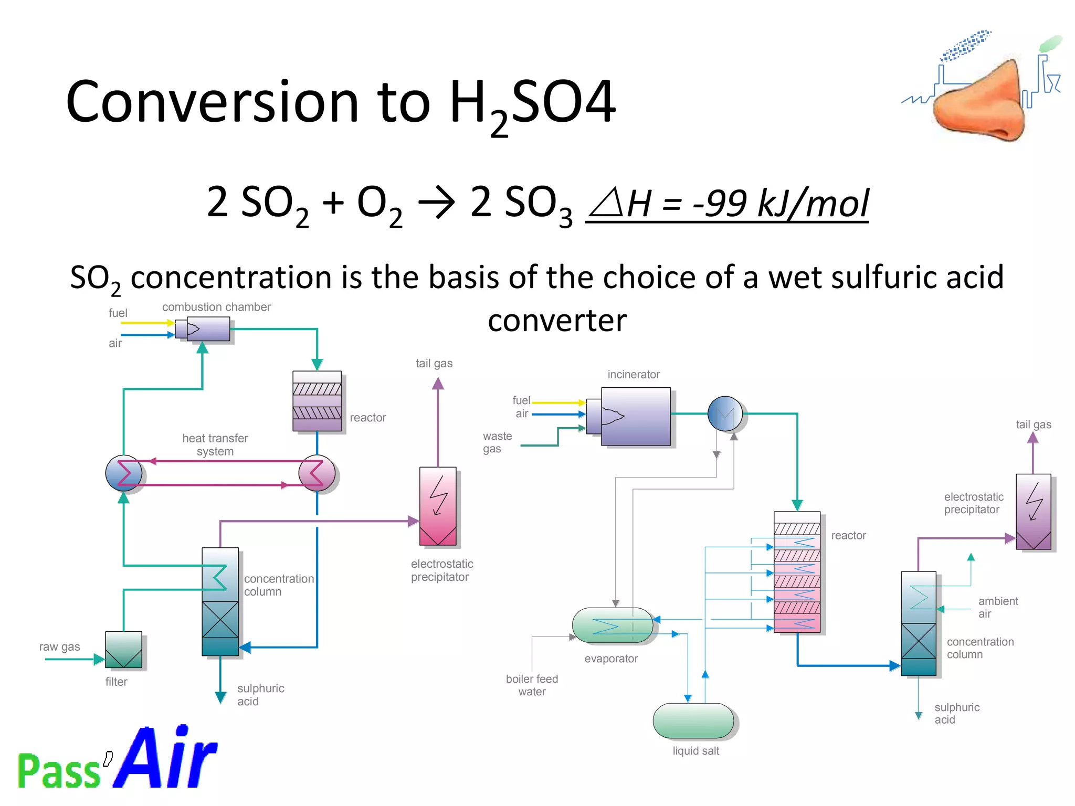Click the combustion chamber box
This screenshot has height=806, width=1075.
[x=208, y=329]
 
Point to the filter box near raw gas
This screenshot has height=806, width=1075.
[x=123, y=650]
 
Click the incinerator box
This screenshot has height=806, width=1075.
[x=635, y=416]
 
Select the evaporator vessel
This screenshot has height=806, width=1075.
[x=612, y=625]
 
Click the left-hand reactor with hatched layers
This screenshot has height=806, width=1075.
[x=317, y=401]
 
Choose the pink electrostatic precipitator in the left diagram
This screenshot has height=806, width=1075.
[x=438, y=506]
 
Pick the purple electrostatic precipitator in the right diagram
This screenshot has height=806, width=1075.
[x=1033, y=512]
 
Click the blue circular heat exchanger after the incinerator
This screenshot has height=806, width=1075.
[x=725, y=414]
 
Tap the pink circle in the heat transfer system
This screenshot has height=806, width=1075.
[x=317, y=473]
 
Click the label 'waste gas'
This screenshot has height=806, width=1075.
[x=497, y=442]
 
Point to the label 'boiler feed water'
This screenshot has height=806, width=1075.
[x=532, y=685]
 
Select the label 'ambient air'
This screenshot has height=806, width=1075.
[x=997, y=607]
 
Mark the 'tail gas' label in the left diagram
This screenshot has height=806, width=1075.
[x=434, y=363]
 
